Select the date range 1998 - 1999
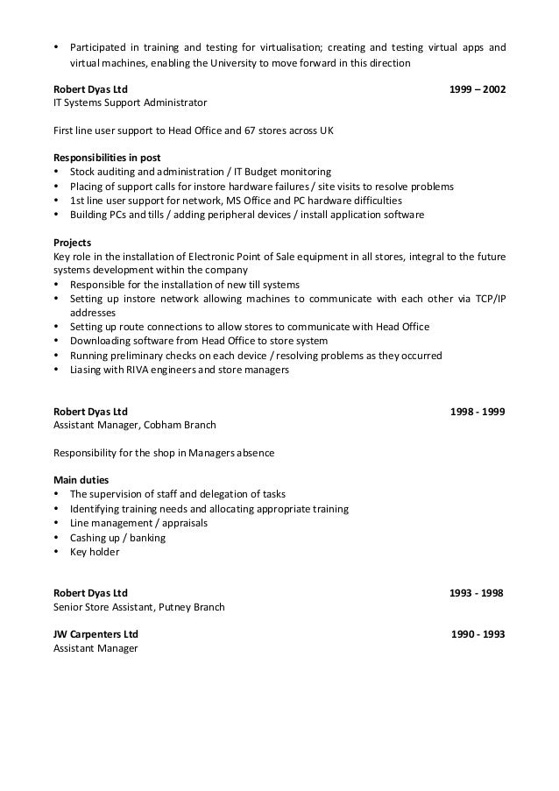tap(477, 411)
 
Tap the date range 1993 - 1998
tap(476, 592)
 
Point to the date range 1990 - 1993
tap(478, 634)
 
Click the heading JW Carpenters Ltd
tap(96, 634)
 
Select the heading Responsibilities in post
tap(108, 158)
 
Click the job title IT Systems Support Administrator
tap(131, 102)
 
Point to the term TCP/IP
tap(485, 299)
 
